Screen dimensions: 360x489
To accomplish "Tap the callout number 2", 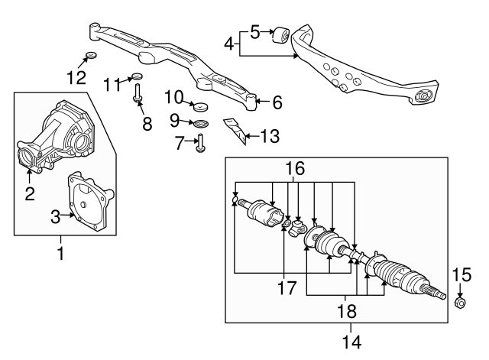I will point(30,194).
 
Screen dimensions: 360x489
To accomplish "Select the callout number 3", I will point(55,217).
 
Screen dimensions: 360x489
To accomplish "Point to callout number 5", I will point(255,32).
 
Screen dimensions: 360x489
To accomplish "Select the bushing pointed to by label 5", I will point(280,35).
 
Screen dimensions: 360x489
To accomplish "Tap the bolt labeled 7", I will point(200,144).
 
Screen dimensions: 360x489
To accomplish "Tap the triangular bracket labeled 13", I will point(238,131).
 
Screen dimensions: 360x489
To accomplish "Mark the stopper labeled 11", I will point(137,76).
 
